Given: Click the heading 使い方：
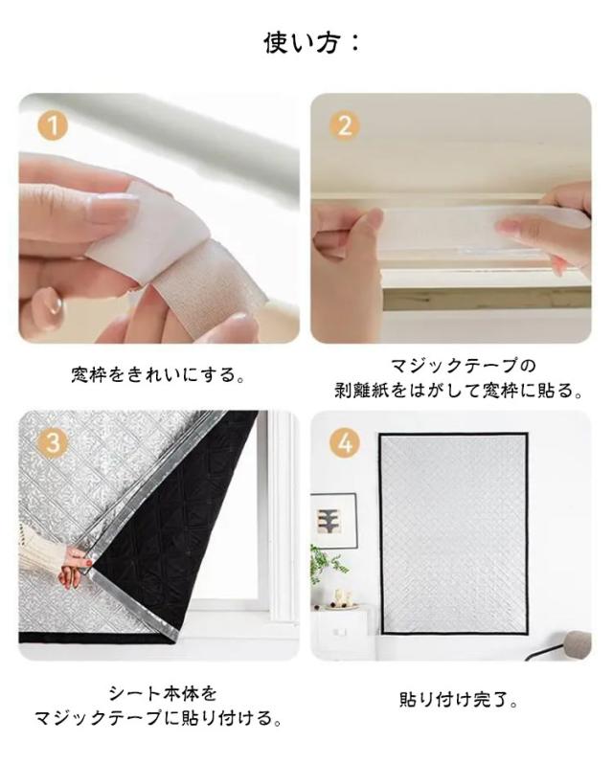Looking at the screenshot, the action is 311,43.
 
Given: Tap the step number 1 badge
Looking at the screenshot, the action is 52,126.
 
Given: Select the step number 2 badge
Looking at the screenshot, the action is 344,126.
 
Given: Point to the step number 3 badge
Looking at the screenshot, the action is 52,443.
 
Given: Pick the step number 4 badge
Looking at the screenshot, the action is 344,443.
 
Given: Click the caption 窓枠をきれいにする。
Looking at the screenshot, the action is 159,374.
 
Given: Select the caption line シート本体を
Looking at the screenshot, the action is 162,693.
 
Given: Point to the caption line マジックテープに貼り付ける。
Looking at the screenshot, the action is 159,718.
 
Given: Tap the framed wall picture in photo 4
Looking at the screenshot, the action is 333,521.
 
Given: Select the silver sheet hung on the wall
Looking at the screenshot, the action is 454,533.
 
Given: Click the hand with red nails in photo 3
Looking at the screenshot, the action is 73,566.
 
